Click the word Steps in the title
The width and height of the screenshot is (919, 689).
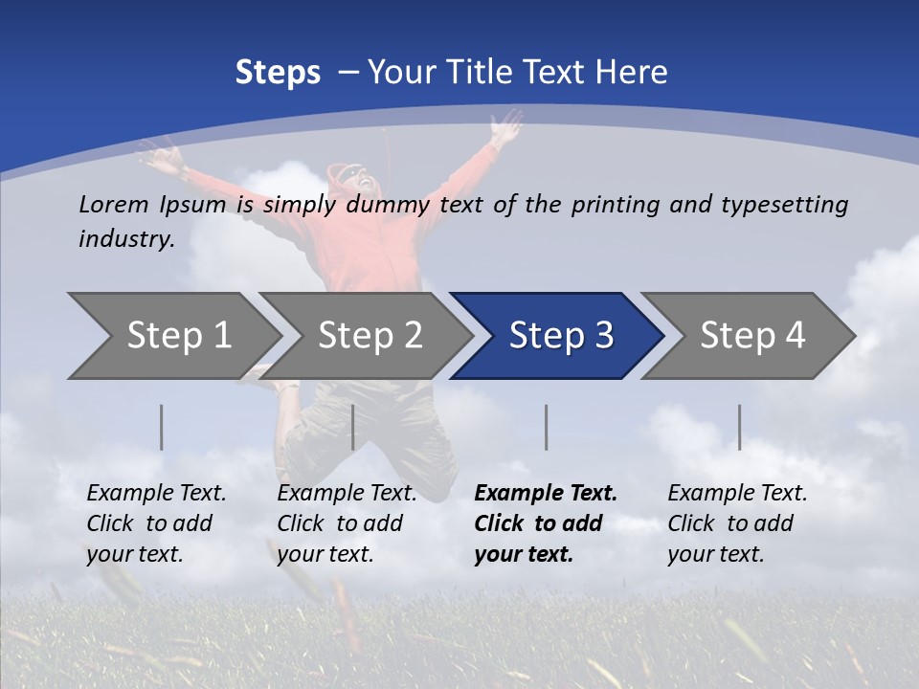point(278,73)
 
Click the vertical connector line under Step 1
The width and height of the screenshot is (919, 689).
point(162,427)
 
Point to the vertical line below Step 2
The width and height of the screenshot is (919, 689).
point(353,427)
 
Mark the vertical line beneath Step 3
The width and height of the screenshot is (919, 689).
point(547,427)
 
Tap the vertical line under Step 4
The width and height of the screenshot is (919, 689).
point(740,427)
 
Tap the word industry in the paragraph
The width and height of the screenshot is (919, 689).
point(126,239)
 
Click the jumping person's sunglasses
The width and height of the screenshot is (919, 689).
point(351,175)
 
